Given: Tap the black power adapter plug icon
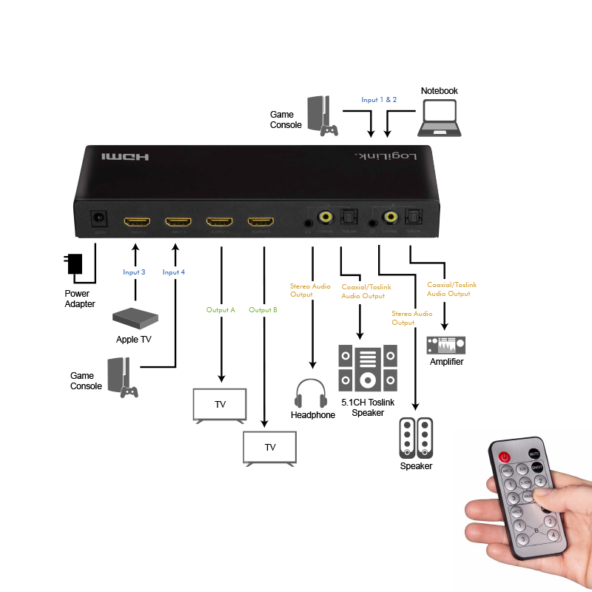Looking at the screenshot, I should tap(75, 263).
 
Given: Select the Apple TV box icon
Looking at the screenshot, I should tap(135, 318).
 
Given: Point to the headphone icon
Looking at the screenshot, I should tap(310, 393).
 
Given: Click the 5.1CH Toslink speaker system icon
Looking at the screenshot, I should tap(368, 368).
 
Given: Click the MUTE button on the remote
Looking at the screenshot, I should tap(533, 453).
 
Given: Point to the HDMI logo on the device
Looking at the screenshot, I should tap(125, 157).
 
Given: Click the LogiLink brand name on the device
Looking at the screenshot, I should tap(385, 157).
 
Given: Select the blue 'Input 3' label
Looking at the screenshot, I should tap(134, 272).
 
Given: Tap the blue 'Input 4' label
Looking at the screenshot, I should tap(174, 272).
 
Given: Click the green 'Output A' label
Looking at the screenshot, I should tap(221, 310).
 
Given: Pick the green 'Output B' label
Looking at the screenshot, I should tap(263, 310).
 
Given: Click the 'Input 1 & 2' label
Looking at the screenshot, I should tap(379, 99).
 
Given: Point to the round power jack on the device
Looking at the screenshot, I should tap(97, 220).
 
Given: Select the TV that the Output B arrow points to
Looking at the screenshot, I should tap(270, 448).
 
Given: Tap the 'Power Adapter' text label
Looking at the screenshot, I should tap(79, 299).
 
